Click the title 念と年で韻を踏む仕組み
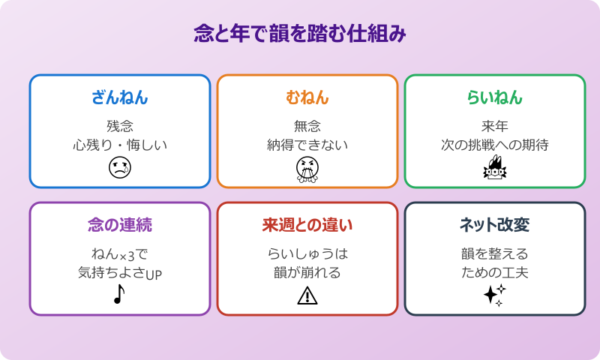click(300, 34)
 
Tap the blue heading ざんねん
click(120, 97)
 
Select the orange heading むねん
click(307, 97)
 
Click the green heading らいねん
click(495, 97)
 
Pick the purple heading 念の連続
click(120, 225)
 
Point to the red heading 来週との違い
click(307, 225)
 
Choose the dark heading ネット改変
click(495, 225)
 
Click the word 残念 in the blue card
click(120, 126)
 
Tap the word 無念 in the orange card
click(307, 126)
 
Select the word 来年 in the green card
click(495, 126)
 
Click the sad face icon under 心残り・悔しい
click(120, 169)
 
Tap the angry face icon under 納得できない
click(307, 170)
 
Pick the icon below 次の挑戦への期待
click(494, 169)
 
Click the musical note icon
click(118, 295)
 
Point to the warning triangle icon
click(307, 296)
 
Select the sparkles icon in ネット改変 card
click(494, 295)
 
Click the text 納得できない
click(307, 145)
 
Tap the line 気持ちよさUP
click(120, 272)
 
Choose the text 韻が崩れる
click(307, 272)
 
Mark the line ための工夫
click(495, 272)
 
